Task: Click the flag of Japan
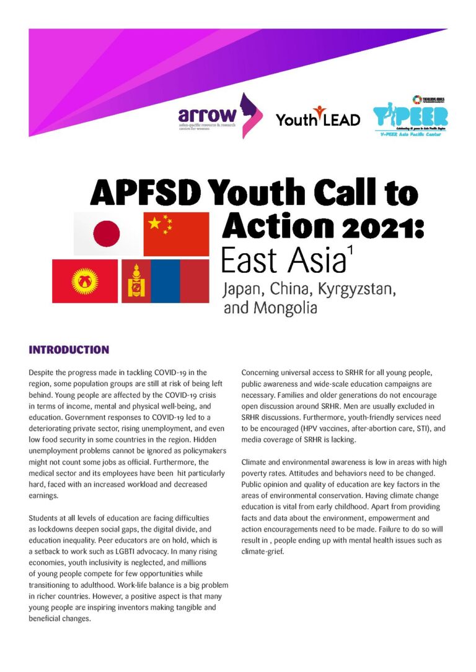106,234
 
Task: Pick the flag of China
176,234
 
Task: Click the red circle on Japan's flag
106,234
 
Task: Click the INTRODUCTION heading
69,350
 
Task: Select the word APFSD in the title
148,193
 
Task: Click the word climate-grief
263,551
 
